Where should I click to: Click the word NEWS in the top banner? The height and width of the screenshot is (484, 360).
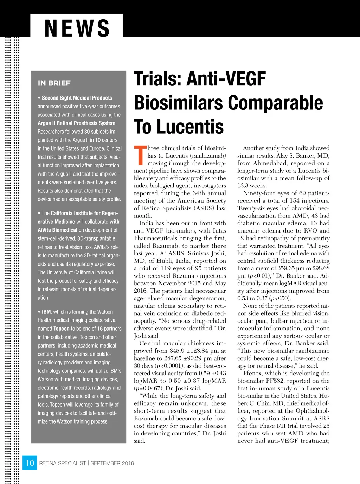click(x=77, y=28)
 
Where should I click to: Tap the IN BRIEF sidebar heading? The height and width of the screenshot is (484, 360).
click(x=54, y=83)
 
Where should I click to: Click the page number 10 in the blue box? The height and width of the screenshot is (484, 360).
click(x=30, y=463)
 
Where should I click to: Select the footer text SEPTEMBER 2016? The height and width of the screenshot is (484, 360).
click(x=112, y=463)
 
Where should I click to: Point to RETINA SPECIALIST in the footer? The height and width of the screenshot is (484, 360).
click(x=62, y=463)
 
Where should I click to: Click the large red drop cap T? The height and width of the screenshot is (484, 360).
click(x=140, y=155)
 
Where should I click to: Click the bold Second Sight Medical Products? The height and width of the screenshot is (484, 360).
click(x=77, y=98)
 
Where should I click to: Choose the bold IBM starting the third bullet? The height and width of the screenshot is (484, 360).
click(x=46, y=312)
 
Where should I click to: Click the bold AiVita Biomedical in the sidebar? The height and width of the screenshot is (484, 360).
click(x=57, y=230)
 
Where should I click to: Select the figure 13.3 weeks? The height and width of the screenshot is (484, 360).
click(x=252, y=185)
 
